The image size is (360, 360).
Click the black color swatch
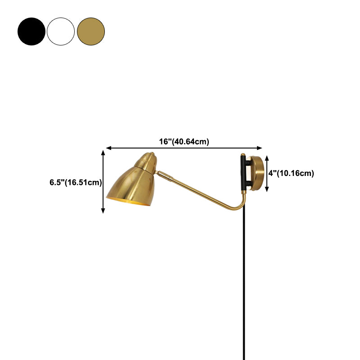point(31,31)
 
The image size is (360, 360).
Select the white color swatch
point(61,31)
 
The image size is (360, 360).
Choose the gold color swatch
point(91,31)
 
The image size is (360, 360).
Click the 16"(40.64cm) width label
point(184,141)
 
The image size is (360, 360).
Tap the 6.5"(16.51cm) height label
point(76,183)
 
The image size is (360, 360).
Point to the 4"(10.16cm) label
point(292,173)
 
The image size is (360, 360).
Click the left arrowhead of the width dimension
point(108,148)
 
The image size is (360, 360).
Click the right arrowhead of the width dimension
point(260,148)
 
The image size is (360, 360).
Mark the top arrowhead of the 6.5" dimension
point(103,153)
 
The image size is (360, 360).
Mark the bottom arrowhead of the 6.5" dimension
point(103,210)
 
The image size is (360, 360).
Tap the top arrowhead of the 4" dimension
point(267,157)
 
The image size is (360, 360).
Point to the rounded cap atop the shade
point(148,159)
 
